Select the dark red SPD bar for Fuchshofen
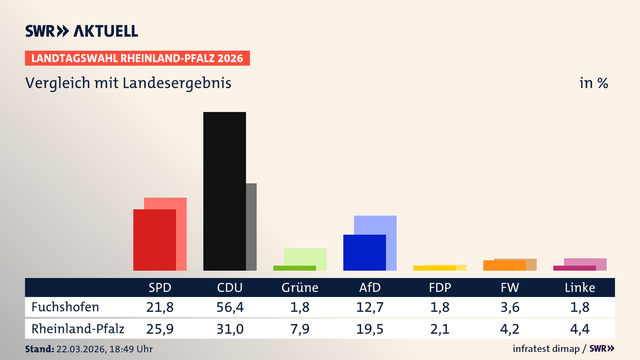[x=154, y=240]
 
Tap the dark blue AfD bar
[x=364, y=252]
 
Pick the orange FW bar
[x=504, y=265]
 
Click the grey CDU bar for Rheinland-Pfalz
[x=251, y=227]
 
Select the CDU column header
[x=230, y=287]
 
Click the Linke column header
[x=580, y=287]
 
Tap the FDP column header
[x=440, y=287]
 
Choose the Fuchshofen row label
[x=65, y=307]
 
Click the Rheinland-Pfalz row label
[x=78, y=329]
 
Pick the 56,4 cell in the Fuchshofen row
[x=230, y=307]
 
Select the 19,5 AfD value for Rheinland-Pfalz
[x=370, y=329]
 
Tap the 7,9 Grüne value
[x=300, y=329]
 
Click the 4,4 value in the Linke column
[x=580, y=329]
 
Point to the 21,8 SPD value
[x=160, y=307]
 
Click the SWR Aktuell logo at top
[x=82, y=31]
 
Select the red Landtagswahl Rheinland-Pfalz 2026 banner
[x=137, y=58]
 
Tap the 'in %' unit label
[x=593, y=83]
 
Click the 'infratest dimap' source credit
[x=546, y=349]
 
